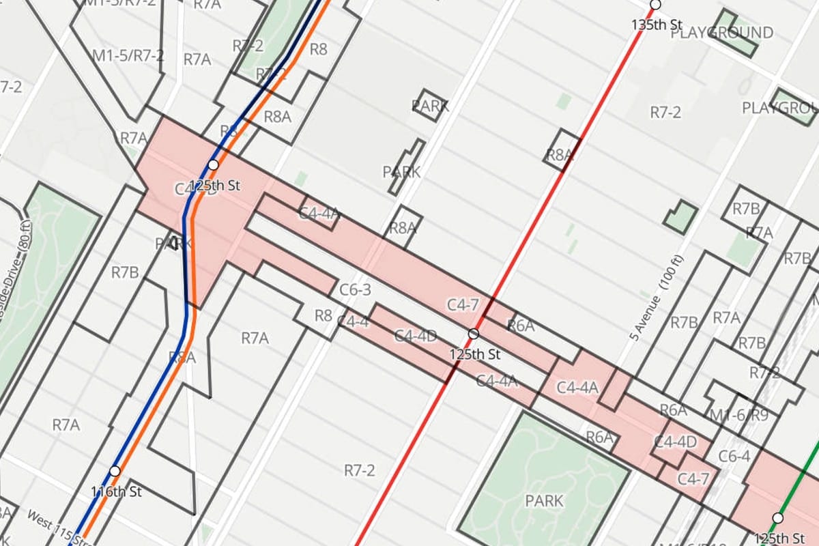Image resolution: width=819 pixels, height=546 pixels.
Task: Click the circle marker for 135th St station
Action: coord(655,5)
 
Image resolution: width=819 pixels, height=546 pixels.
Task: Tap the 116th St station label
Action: coord(116,491)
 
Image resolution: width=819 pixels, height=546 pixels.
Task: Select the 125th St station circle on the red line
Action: coord(474,334)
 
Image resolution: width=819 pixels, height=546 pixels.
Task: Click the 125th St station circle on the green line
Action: coord(777,517)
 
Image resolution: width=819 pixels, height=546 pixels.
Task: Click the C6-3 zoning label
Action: coord(355,290)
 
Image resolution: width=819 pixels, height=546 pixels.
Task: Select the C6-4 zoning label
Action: coord(734,456)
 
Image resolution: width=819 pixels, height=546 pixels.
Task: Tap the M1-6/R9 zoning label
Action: coord(738,415)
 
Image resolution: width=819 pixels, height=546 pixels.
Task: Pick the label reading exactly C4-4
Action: coord(353,321)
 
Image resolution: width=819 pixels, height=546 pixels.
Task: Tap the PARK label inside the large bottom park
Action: coord(544,500)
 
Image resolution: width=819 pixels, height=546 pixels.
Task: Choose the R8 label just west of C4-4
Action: coord(323,315)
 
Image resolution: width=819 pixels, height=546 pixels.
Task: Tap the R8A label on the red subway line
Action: coord(560,155)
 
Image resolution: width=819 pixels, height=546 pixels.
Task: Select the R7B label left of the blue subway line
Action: coord(125,273)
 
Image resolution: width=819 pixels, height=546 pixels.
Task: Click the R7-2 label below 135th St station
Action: coord(665,113)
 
